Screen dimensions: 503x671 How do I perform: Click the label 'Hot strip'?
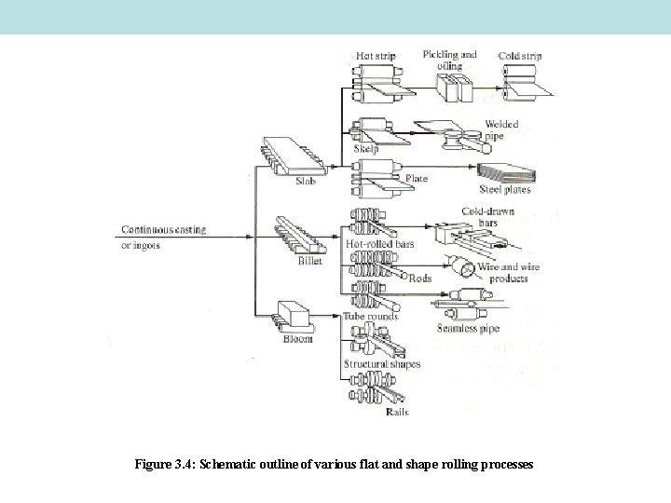(x=377, y=56)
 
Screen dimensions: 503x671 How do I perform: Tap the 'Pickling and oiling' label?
(x=449, y=60)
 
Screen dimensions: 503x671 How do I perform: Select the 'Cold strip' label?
(x=520, y=56)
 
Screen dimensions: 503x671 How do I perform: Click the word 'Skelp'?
(x=365, y=148)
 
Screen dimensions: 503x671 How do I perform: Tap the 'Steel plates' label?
(x=504, y=189)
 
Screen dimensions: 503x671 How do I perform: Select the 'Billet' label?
(x=309, y=262)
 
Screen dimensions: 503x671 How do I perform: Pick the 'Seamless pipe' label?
(x=468, y=328)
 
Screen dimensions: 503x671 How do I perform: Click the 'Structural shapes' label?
(x=381, y=364)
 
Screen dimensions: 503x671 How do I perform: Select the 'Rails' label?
(x=397, y=412)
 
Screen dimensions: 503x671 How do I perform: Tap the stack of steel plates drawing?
(x=503, y=172)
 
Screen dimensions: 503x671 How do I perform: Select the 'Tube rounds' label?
(x=371, y=317)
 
